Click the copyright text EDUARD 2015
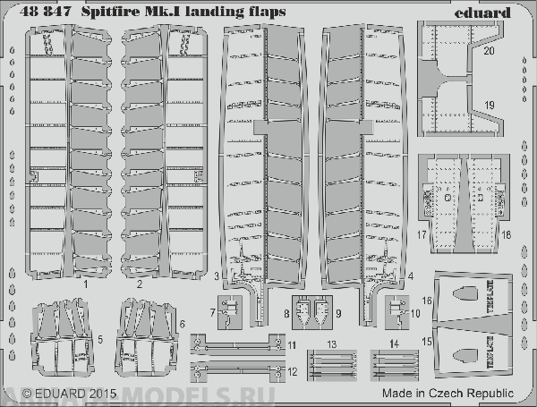68,392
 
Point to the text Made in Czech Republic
447,392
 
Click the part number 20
489,52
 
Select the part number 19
489,106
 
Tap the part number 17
421,235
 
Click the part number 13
332,343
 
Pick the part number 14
395,343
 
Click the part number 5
99,339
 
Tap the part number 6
182,323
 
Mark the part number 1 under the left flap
85,284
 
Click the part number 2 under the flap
141,284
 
